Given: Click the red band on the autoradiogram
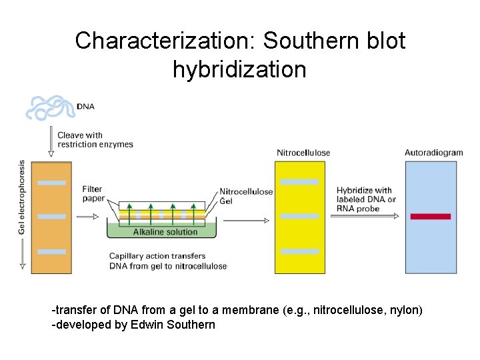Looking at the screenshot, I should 430,216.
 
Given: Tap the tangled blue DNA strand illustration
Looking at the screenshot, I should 51,107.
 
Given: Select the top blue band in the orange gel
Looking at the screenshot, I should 51,182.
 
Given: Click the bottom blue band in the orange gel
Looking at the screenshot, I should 51,251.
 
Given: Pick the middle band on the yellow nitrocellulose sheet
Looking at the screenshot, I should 299,216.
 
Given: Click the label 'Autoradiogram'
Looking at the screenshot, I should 433,153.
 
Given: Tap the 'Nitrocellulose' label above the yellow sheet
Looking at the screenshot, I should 303,153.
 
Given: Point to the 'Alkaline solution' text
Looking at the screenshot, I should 165,232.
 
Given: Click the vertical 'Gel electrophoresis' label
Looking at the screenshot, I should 21,197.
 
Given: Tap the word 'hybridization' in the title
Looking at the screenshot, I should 239,69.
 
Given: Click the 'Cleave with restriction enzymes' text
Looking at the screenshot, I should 95,139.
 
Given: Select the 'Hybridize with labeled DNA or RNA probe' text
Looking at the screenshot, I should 365,199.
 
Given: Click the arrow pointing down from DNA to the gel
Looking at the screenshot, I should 51,143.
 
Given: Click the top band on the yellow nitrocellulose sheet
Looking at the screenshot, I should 299,182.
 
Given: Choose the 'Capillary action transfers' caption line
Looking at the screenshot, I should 157,256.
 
